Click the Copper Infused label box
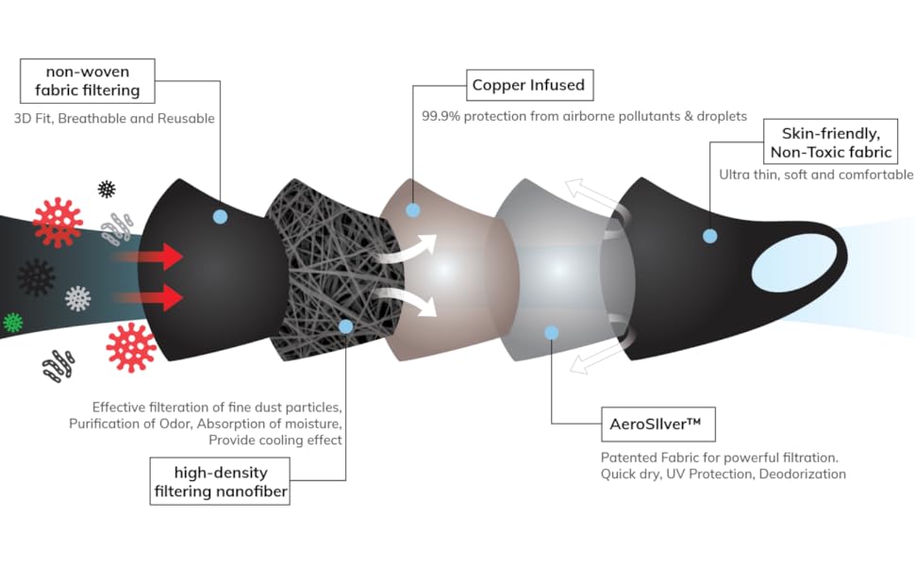coord(528,85)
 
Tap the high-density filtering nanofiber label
coord(220,481)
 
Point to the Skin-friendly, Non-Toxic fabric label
coord(830,142)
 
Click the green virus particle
coord(13,322)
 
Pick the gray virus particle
coord(78,299)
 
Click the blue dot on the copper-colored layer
coord(411,209)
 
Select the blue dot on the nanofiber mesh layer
coord(345,326)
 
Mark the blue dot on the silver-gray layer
coord(551,332)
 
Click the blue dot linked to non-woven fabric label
coord(220,216)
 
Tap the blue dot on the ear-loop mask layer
coord(710,235)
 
